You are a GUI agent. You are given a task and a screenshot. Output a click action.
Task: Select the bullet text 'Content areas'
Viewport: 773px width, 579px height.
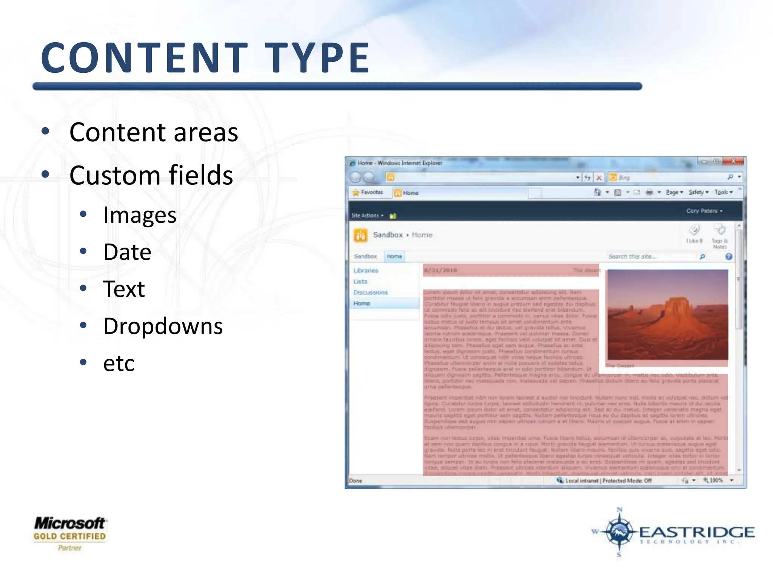(x=154, y=132)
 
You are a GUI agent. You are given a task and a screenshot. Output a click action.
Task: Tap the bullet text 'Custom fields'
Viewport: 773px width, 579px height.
(x=151, y=175)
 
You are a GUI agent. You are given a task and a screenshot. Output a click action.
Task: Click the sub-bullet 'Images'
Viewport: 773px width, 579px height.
(x=140, y=215)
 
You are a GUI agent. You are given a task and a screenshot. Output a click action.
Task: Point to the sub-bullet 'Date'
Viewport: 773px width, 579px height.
(x=127, y=252)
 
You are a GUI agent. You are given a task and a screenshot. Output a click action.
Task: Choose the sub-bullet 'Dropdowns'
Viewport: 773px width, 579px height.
(x=163, y=326)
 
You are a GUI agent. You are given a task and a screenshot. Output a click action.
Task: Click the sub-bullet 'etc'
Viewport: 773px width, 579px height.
(x=119, y=363)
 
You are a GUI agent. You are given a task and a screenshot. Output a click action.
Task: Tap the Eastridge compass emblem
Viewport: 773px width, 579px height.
(x=619, y=532)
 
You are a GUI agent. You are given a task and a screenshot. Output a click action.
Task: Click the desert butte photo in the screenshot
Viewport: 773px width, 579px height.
(x=667, y=315)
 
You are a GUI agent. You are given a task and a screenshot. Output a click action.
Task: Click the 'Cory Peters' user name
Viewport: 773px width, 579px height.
(x=704, y=211)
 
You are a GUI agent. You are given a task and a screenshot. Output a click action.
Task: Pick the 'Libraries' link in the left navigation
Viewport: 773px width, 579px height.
(x=366, y=271)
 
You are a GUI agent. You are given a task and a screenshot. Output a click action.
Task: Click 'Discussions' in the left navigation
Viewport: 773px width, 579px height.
(x=370, y=293)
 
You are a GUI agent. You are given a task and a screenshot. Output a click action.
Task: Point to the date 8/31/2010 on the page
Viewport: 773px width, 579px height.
(x=440, y=270)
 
